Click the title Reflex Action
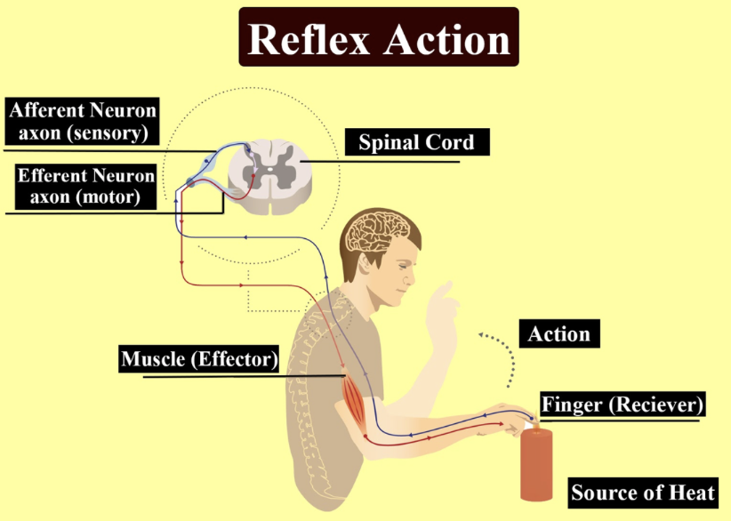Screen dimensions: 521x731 (378, 37)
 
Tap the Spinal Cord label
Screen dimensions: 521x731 (416, 141)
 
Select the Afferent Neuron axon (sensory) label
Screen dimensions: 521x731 (83, 122)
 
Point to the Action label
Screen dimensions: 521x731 (558, 334)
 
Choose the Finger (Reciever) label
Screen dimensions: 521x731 (622, 405)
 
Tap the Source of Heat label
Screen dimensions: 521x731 (643, 493)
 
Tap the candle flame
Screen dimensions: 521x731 (534, 423)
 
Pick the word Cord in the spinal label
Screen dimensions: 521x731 (450, 141)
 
